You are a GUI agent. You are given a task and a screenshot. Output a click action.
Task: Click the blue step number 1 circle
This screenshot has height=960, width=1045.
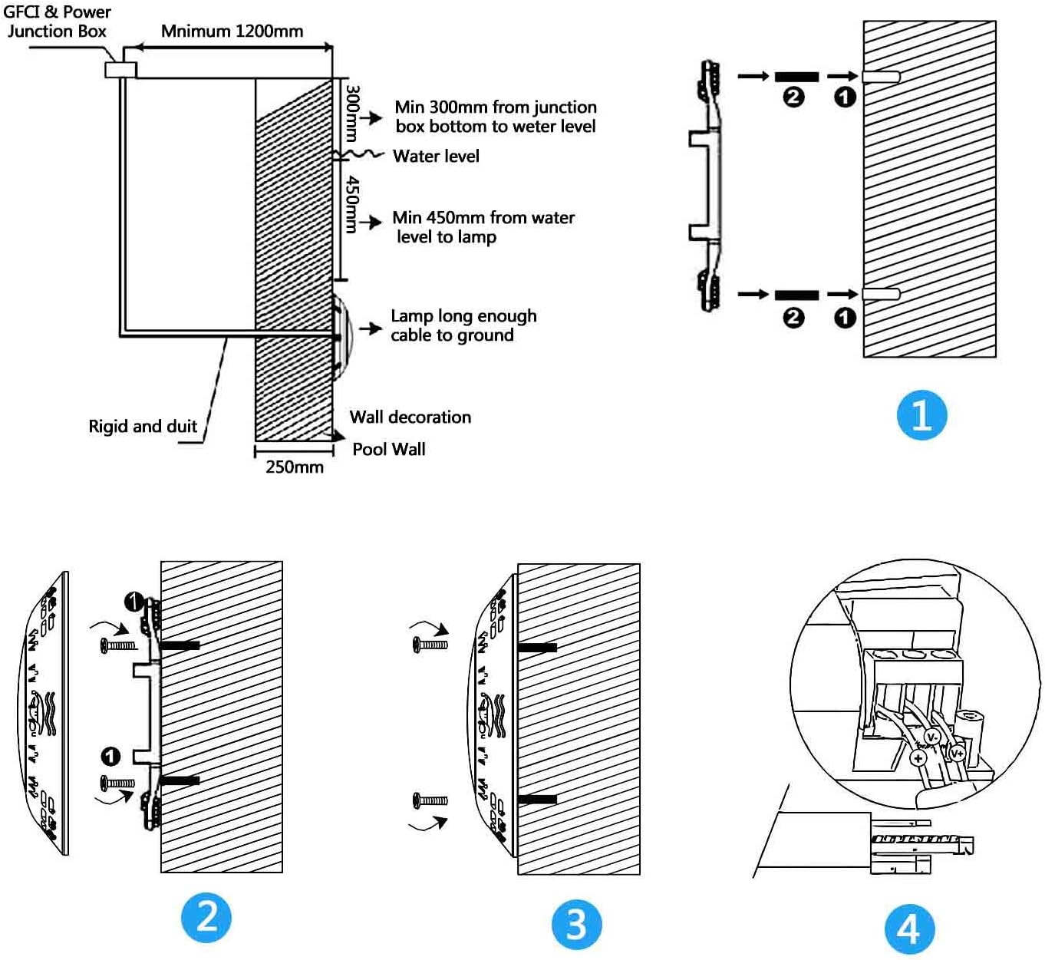pyautogui.click(x=921, y=415)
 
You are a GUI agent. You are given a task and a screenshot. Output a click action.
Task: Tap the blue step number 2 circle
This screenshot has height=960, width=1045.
pyautogui.click(x=206, y=917)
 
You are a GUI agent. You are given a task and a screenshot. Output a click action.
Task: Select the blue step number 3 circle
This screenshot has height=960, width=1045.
pyautogui.click(x=576, y=924)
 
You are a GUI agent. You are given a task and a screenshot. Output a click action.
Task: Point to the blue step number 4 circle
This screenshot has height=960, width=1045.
pyautogui.click(x=909, y=929)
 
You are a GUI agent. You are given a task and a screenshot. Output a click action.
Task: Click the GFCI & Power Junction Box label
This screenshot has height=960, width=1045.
pyautogui.click(x=57, y=21)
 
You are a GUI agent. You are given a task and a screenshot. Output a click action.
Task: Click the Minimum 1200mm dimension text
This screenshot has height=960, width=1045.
pyautogui.click(x=232, y=31)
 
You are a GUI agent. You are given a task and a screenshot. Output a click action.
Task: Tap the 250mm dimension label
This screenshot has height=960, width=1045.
pyautogui.click(x=295, y=467)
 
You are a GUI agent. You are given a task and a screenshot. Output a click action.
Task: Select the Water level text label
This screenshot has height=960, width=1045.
pyautogui.click(x=436, y=157)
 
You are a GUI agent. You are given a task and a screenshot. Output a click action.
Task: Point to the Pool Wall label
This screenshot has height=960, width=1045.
pyautogui.click(x=388, y=450)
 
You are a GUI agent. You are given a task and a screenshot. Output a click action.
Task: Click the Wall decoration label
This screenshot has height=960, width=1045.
pyautogui.click(x=410, y=417)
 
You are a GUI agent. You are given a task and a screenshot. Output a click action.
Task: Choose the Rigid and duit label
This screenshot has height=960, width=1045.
pyautogui.click(x=143, y=427)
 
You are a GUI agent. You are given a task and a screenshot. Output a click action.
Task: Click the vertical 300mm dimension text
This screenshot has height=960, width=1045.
pyautogui.click(x=352, y=113)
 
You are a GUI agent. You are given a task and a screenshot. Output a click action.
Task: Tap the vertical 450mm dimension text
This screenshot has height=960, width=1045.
pyautogui.click(x=352, y=204)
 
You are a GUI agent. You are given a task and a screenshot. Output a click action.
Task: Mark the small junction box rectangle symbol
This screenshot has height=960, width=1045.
pyautogui.click(x=120, y=69)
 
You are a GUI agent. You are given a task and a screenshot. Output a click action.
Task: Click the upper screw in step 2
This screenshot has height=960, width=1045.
pyautogui.click(x=118, y=645)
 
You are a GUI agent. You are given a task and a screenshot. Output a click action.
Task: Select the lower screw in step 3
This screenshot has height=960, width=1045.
pyautogui.click(x=430, y=800)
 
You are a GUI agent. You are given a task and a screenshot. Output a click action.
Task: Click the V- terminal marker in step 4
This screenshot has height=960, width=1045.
pyautogui.click(x=932, y=737)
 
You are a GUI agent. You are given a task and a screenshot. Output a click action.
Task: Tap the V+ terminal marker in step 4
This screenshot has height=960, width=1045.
pyautogui.click(x=957, y=753)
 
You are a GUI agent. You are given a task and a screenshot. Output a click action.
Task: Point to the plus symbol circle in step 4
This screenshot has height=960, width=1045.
pyautogui.click(x=918, y=758)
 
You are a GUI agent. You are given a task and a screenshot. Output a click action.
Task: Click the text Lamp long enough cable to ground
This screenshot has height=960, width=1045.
pyautogui.click(x=463, y=325)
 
